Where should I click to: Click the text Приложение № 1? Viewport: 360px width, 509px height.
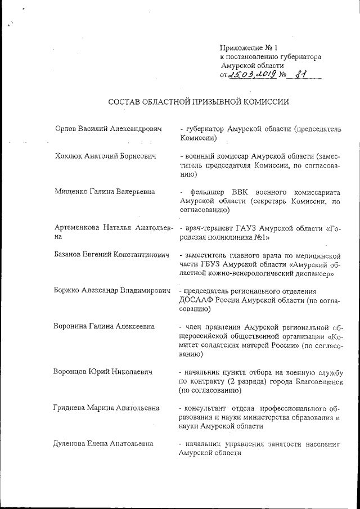tap(246, 48)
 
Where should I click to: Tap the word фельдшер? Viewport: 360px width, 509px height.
tap(205, 192)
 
